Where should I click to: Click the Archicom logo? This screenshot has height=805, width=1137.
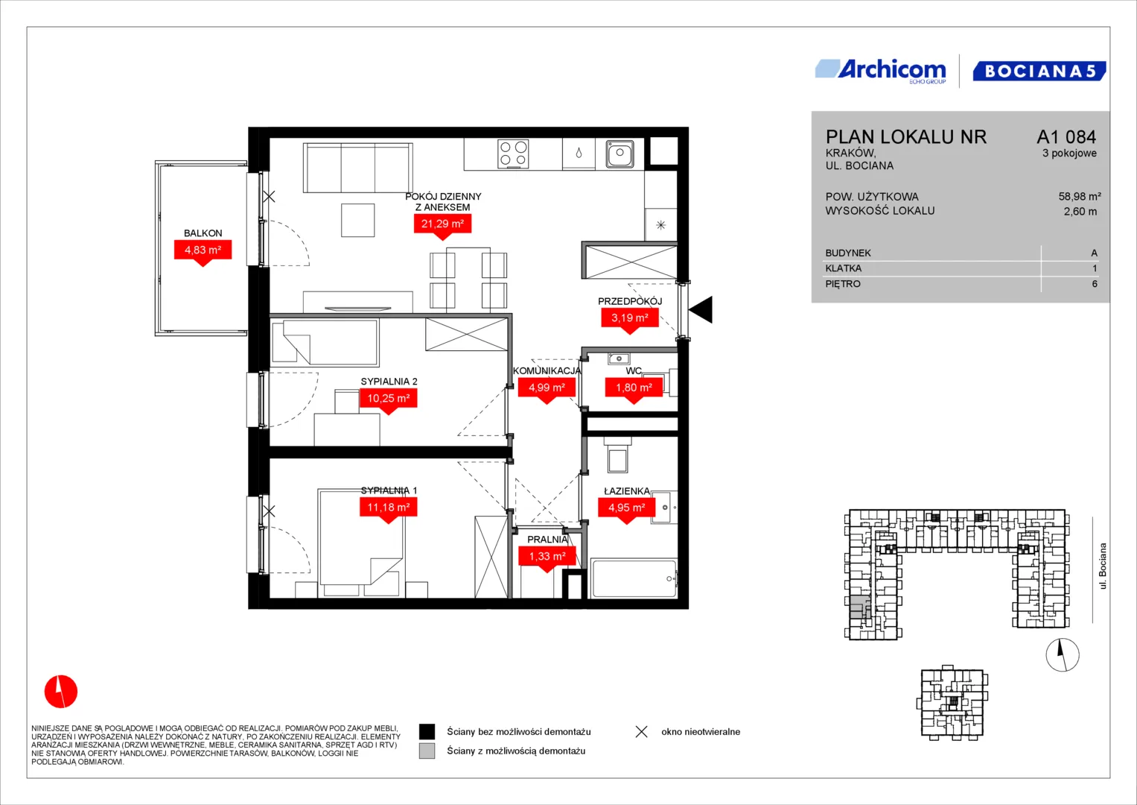click(x=881, y=71)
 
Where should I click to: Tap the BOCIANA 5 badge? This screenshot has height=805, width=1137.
click(x=1039, y=71)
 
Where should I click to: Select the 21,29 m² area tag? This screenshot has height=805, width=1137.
click(x=442, y=227)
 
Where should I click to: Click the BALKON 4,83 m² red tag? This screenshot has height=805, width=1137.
click(x=203, y=253)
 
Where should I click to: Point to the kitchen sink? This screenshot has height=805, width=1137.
click(x=620, y=154)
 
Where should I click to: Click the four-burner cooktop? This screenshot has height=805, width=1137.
click(x=513, y=154)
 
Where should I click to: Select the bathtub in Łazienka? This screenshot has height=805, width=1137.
click(x=634, y=578)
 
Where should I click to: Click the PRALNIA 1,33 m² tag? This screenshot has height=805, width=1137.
click(x=547, y=559)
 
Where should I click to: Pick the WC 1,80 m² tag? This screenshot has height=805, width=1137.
click(x=634, y=391)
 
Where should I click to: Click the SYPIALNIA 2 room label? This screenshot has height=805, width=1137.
click(x=389, y=381)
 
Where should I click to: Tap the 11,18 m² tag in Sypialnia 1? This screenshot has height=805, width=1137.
click(x=388, y=511)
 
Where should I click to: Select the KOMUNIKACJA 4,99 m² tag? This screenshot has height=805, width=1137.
click(x=547, y=391)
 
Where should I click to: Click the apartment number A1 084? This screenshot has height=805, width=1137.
click(x=1066, y=136)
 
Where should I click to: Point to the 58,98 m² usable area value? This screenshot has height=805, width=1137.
click(x=1080, y=196)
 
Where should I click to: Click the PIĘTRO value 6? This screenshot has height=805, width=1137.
click(x=1095, y=283)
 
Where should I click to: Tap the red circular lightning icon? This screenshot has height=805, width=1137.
click(x=61, y=691)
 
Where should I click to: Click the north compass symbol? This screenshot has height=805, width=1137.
click(x=1063, y=654)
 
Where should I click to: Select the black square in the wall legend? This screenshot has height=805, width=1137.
click(x=427, y=731)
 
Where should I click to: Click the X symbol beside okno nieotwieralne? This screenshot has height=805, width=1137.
click(x=642, y=731)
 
